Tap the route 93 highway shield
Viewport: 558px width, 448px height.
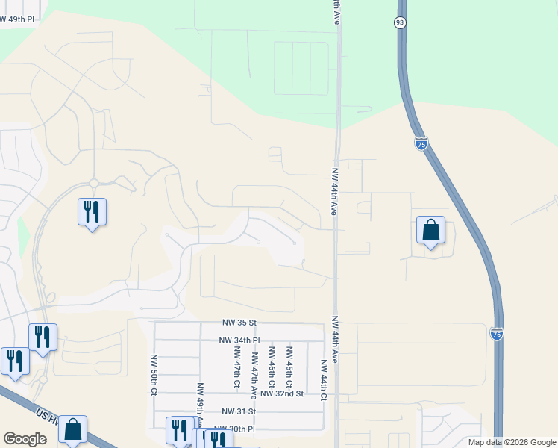click(x=400, y=22)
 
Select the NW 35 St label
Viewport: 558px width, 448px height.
click(x=239, y=323)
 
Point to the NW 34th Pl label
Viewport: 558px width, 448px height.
click(x=239, y=340)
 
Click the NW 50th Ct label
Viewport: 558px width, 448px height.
click(x=154, y=374)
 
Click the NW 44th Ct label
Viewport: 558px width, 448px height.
click(x=325, y=380)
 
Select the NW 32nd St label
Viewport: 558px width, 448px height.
click(x=284, y=393)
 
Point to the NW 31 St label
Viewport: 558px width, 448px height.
click(x=239, y=411)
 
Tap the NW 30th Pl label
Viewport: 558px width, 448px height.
click(x=234, y=429)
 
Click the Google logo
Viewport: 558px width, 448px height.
click(x=25, y=438)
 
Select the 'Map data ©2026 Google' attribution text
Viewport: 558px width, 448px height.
click(x=511, y=442)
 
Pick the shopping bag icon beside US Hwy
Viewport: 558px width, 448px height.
click(x=73, y=429)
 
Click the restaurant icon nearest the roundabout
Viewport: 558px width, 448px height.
click(x=92, y=211)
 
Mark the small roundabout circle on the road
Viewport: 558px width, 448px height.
click(x=94, y=183)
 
